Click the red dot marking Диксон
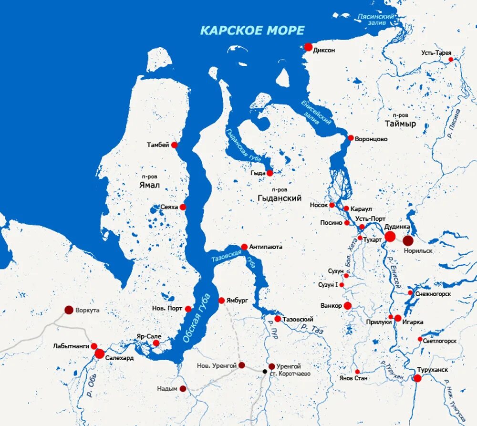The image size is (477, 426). pyautogui.click(x=308, y=47)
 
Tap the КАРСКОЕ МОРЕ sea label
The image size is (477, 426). pyautogui.click(x=252, y=31)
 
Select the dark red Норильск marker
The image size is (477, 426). pyautogui.click(x=408, y=241)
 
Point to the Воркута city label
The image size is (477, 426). pyautogui.click(x=88, y=310)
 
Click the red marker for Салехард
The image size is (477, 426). pyautogui.click(x=99, y=353)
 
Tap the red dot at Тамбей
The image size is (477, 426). pyautogui.click(x=175, y=145)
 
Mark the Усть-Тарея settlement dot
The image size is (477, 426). pyautogui.click(x=451, y=60)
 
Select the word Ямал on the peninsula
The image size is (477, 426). pyautogui.click(x=150, y=185)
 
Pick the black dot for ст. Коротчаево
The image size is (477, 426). pyautogui.click(x=265, y=371)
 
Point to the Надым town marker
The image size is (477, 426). pyautogui.click(x=183, y=389)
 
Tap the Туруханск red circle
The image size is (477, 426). pyautogui.click(x=417, y=378)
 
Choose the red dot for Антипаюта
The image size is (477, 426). pyautogui.click(x=244, y=247)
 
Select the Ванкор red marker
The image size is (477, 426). pyautogui.click(x=348, y=305)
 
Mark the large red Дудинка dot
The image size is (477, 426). pyautogui.click(x=390, y=237)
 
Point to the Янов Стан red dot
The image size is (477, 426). pyautogui.click(x=357, y=372)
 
